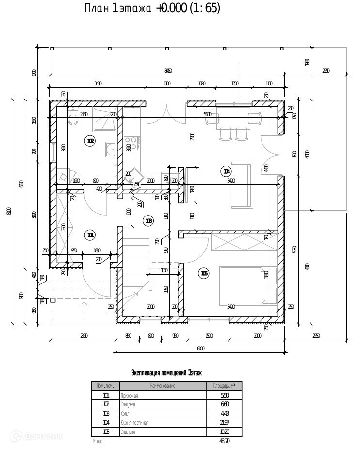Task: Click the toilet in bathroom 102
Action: coord(73,118)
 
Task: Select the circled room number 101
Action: coord(90,235)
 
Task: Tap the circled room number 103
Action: coord(148,221)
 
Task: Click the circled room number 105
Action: coord(204,274)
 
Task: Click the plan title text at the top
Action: coord(152,9)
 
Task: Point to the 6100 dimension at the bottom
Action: coord(200,348)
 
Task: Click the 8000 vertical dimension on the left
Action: coord(9,211)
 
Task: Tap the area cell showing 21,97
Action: coord(224,423)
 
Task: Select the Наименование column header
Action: coord(163,386)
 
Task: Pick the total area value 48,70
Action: coord(224,441)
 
